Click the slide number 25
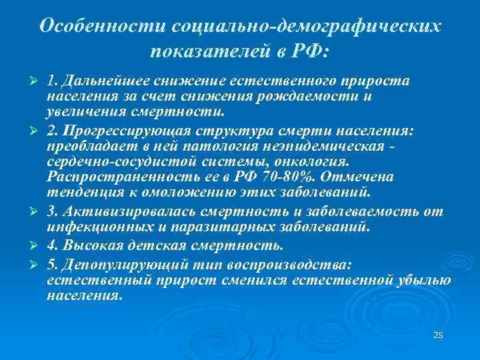438,335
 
